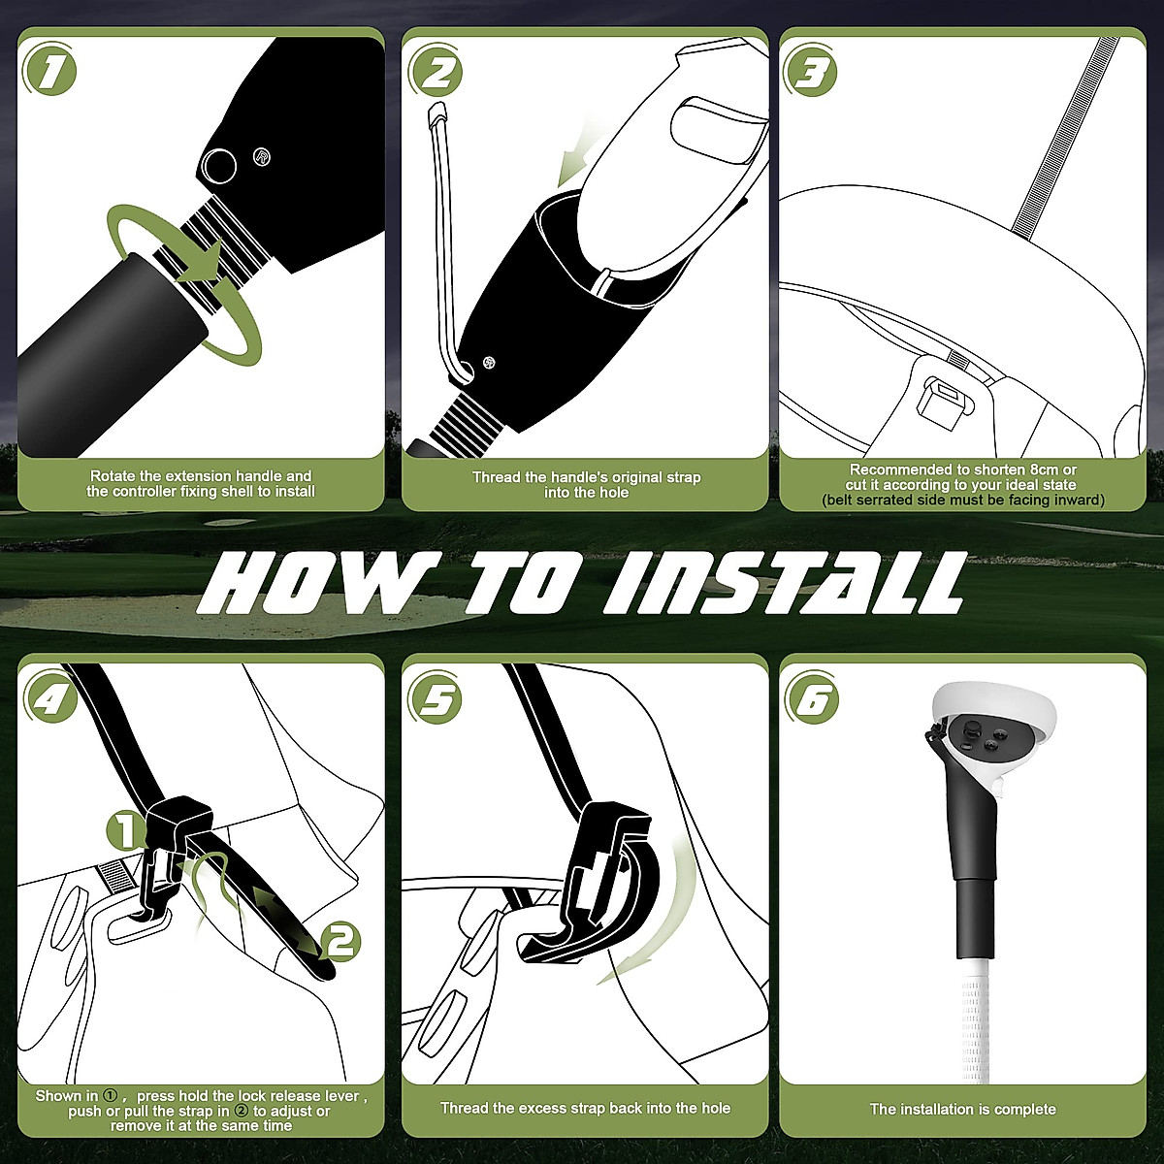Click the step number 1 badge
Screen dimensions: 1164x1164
[x=50, y=71]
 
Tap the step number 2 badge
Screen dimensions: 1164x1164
[x=435, y=71]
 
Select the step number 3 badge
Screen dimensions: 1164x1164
[x=811, y=71]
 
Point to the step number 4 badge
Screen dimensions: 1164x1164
[x=50, y=698]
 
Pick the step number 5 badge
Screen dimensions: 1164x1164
[x=435, y=698]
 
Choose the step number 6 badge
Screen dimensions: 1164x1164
[x=811, y=698]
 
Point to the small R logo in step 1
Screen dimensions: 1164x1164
[x=262, y=157]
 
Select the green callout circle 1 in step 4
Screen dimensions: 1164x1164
[x=125, y=831]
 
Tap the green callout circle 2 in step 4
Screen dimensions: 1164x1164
[x=340, y=941]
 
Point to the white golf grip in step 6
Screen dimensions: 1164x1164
[x=973, y=1019]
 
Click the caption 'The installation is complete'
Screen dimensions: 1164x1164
[x=963, y=1109]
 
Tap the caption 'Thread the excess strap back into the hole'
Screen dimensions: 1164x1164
[x=585, y=1108]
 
